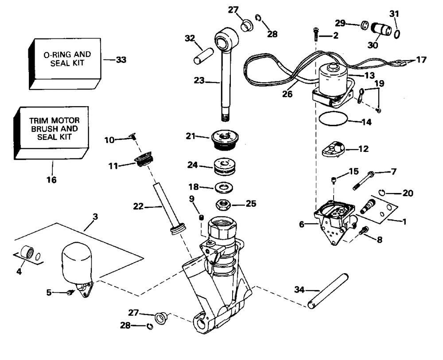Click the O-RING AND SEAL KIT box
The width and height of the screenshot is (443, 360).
(x=65, y=64)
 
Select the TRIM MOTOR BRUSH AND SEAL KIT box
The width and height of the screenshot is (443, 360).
(x=51, y=133)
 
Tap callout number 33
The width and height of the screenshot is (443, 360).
(x=121, y=60)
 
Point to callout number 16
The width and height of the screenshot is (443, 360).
(x=51, y=180)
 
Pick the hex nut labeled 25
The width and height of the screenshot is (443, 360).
(x=223, y=204)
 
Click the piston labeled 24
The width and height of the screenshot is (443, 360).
(x=225, y=167)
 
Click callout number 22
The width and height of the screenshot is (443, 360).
(x=138, y=207)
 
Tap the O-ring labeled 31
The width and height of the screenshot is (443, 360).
(x=396, y=34)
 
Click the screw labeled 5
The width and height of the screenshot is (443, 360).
(x=70, y=293)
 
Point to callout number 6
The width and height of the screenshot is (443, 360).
(x=301, y=225)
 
